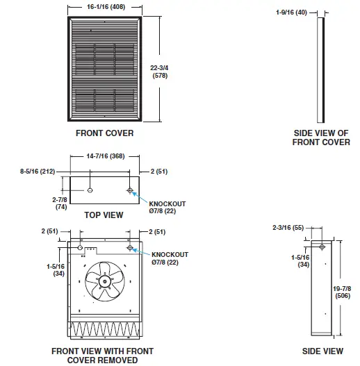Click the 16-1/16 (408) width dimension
[x=106, y=7]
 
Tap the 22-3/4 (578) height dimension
[x=159, y=72]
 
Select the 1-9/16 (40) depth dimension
[x=291, y=13]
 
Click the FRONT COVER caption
[x=105, y=133]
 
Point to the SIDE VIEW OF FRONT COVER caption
[x=321, y=138]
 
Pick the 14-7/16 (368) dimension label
[x=106, y=156]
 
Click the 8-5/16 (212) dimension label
[x=38, y=172]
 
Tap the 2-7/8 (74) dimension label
[x=60, y=203]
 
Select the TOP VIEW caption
[x=104, y=215]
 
